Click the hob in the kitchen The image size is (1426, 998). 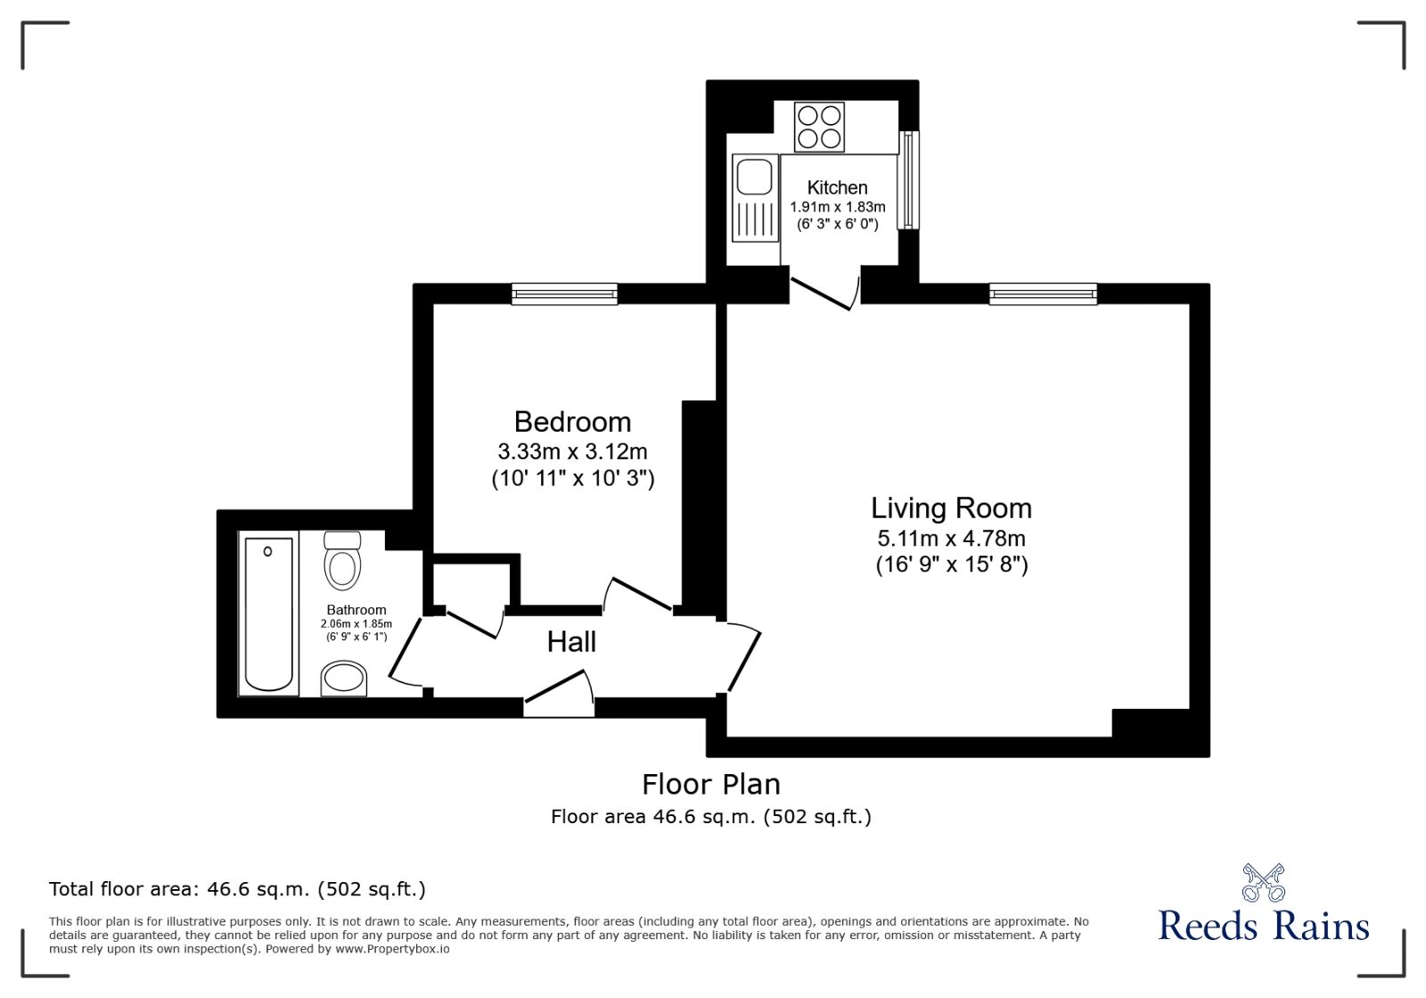[819, 127]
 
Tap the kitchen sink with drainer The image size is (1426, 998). [754, 198]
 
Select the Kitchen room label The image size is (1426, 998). [837, 187]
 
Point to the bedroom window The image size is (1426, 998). [564, 293]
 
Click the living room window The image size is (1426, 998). [1043, 293]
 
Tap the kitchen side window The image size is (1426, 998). [907, 180]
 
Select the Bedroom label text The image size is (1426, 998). [572, 421]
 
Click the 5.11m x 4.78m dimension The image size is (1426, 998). [951, 539]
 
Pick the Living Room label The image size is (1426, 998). [951, 507]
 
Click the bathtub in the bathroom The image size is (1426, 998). [268, 614]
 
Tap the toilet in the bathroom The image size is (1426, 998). [342, 560]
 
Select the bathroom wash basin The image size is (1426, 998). [343, 679]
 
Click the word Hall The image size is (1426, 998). [571, 641]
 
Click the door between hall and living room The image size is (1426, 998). [743, 658]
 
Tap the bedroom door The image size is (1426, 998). [639, 595]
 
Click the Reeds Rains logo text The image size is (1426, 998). [1263, 925]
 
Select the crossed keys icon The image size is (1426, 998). [1263, 882]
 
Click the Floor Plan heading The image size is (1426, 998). [711, 784]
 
